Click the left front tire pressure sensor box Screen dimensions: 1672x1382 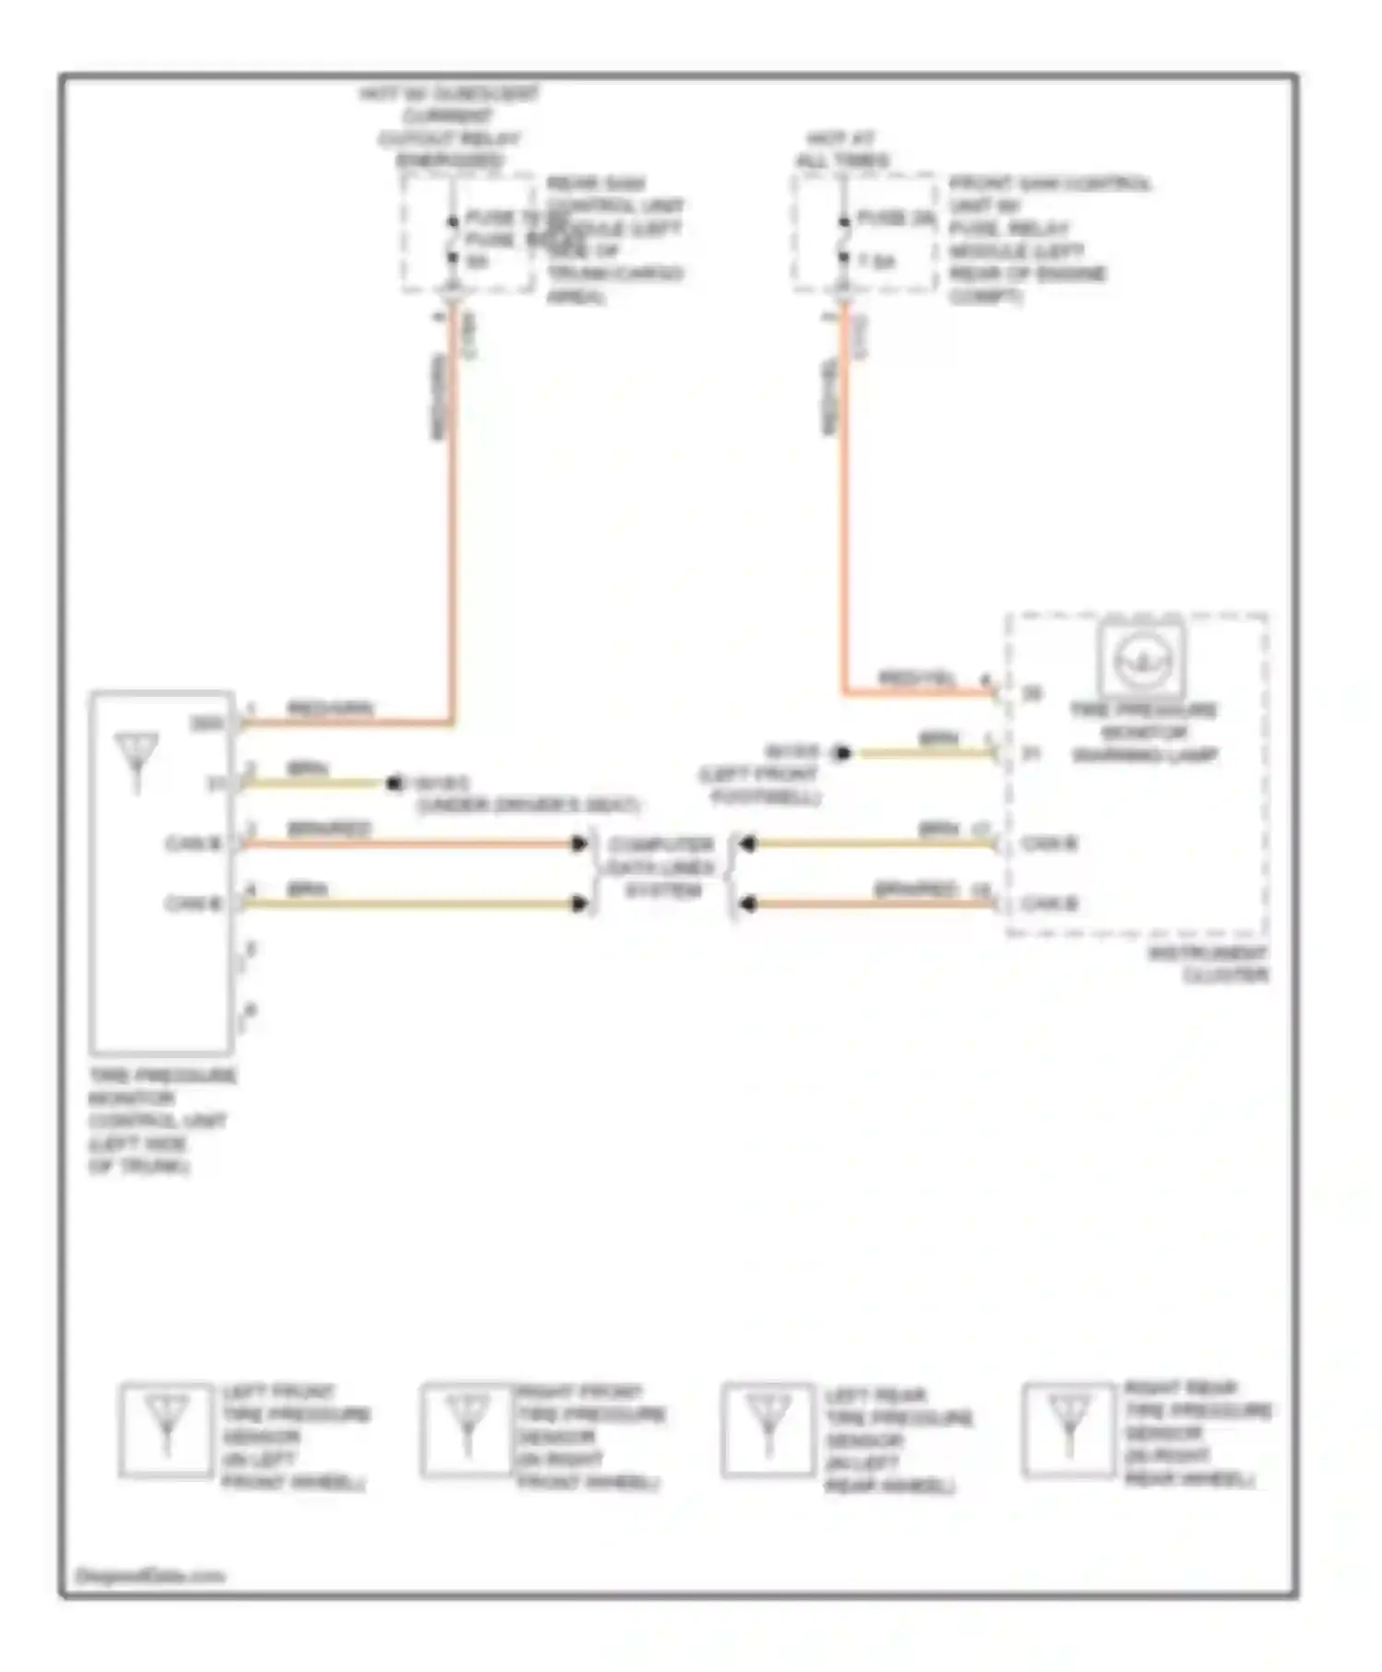coord(166,1430)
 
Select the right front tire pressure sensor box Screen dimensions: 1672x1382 coord(467,1430)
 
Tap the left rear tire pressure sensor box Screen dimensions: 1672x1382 coord(768,1430)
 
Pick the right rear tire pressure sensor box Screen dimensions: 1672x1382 coord(1069,1430)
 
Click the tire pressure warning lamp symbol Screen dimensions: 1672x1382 coord(1142,658)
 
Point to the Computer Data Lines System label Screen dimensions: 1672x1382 coord(661,867)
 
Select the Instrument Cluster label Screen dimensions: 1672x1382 coord(1209,964)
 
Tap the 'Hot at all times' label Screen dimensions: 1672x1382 coord(842,149)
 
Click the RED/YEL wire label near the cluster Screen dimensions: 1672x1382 coord(918,678)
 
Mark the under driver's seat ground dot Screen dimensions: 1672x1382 coord(395,783)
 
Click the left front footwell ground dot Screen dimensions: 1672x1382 coord(841,753)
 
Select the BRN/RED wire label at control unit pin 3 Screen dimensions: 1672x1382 coord(328,829)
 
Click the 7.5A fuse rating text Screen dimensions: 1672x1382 coord(876,262)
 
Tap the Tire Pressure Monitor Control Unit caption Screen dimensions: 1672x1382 coord(160,1120)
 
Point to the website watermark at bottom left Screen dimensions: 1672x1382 coord(149,1575)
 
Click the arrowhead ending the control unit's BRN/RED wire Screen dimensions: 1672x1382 coord(580,843)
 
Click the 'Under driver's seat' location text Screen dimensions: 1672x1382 coord(527,806)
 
